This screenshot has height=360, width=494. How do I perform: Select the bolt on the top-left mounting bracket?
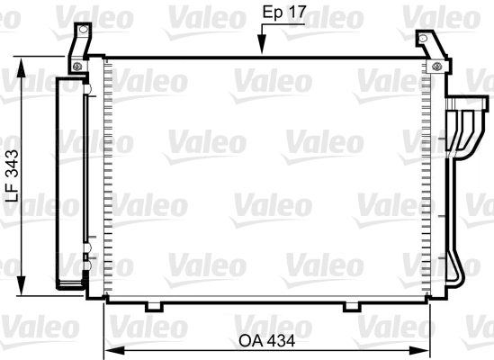[x=79, y=65]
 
